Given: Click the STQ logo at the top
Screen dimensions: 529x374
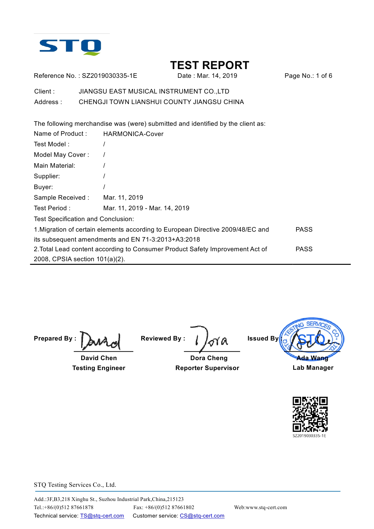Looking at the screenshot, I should pyautogui.click(x=70, y=47).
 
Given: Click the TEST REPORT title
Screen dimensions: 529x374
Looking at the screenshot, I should pyautogui.click(x=210, y=65).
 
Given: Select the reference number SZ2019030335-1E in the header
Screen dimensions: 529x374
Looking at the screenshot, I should pyautogui.click(x=109, y=76).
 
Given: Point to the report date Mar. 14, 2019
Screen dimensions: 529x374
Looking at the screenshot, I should pyautogui.click(x=217, y=76).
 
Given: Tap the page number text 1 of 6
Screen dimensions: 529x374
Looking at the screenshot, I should pyautogui.click(x=324, y=76).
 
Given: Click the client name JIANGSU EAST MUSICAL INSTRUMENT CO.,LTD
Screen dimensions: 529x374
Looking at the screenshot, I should pyautogui.click(x=154, y=91).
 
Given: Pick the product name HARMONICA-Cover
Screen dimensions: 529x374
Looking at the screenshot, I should pyautogui.click(x=133, y=134).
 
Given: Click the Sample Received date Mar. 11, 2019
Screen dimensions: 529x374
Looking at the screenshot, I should pyautogui.click(x=123, y=198).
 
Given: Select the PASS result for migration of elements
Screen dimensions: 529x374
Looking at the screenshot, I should pyautogui.click(x=304, y=230).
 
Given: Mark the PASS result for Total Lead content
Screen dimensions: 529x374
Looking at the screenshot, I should pyautogui.click(x=304, y=249).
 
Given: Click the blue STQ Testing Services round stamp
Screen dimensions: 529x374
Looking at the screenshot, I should pyautogui.click(x=312, y=335).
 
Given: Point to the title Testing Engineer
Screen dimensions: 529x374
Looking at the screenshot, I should pyautogui.click(x=99, y=368).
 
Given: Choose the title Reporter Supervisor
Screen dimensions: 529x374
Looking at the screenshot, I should pyautogui.click(x=207, y=368).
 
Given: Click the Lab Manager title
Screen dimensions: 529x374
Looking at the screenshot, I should pyautogui.click(x=313, y=368).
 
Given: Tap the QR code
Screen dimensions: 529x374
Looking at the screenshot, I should pyautogui.click(x=310, y=414).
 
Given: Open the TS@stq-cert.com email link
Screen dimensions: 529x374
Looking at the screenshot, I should pyautogui.click(x=102, y=516).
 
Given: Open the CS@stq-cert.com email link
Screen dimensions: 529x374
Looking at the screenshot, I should pyautogui.click(x=202, y=516).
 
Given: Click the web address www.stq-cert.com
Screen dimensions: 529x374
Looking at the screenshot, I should pyautogui.click(x=266, y=507).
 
